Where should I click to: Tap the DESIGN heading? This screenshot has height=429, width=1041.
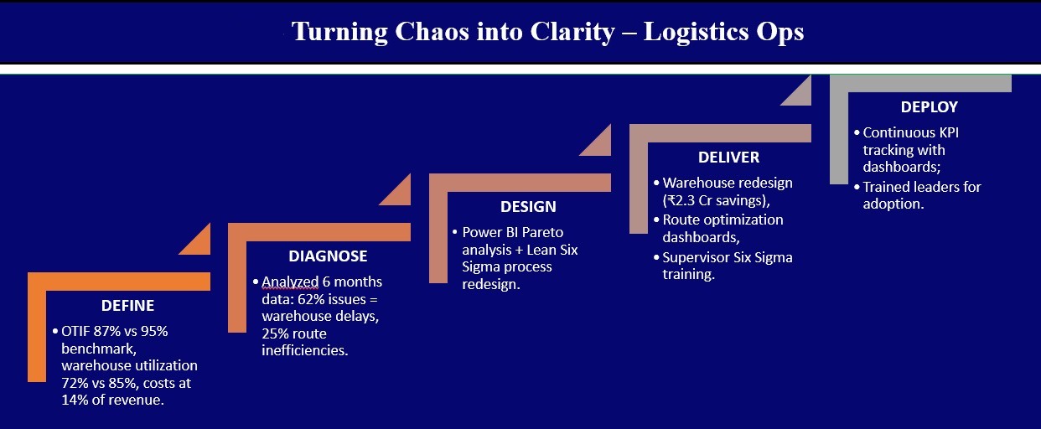tap(528, 207)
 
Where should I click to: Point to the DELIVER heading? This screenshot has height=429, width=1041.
tap(728, 158)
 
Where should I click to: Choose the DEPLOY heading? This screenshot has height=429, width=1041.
tap(929, 107)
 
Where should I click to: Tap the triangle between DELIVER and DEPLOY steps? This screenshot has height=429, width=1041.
tap(796, 90)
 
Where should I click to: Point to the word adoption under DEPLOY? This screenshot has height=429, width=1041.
tap(893, 204)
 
